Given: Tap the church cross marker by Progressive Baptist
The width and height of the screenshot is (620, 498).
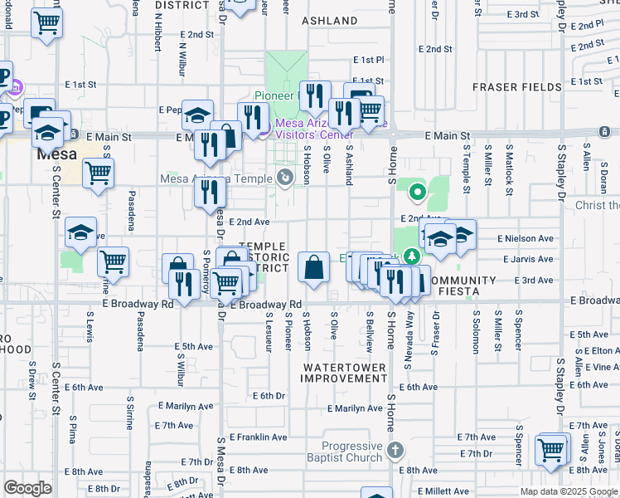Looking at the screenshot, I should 395,451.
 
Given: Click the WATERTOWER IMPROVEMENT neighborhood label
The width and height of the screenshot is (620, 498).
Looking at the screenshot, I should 344,373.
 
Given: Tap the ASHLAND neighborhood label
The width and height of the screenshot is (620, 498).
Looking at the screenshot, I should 329,20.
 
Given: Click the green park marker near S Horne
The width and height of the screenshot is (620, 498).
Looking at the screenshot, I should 417,194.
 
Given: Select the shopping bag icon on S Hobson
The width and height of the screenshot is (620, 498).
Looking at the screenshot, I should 314,268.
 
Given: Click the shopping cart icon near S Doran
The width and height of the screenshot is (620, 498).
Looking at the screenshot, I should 550,451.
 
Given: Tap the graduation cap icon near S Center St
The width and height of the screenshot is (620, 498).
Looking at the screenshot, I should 80,233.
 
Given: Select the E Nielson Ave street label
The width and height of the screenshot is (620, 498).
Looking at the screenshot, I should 526,238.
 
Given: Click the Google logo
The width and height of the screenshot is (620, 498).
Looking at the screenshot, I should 27,488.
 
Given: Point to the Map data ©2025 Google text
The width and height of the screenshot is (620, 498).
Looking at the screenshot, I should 568,491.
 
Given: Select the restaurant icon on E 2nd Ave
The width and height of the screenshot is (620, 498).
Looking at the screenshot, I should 211,193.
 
